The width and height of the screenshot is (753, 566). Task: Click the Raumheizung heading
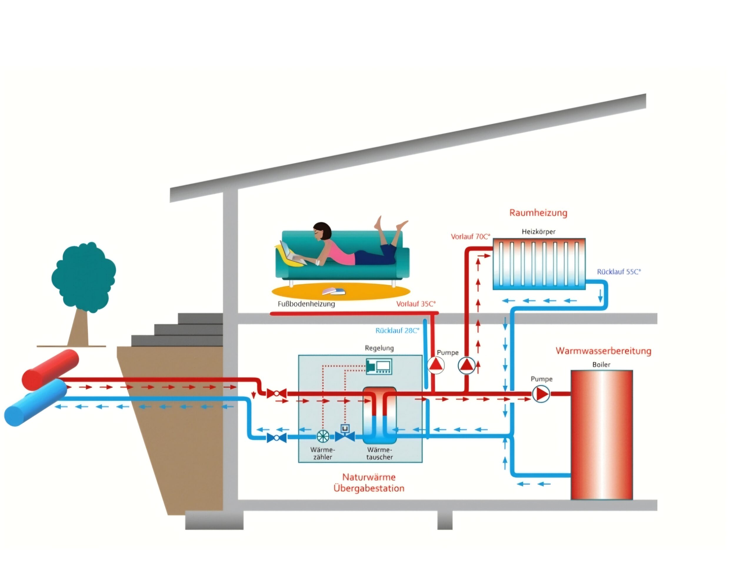tap(538, 213)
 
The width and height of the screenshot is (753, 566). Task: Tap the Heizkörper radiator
tap(539, 264)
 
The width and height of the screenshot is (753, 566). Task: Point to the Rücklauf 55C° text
tap(619, 272)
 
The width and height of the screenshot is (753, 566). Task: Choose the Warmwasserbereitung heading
tap(603, 351)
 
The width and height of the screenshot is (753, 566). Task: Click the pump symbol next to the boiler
tap(541, 394)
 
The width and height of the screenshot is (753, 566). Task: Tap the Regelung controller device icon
tap(379, 367)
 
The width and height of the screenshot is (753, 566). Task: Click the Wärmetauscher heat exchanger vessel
tap(379, 415)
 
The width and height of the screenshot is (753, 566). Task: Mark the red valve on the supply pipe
tap(276, 394)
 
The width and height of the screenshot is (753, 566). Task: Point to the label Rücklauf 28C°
tap(397, 331)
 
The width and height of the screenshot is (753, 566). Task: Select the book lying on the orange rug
tap(334, 292)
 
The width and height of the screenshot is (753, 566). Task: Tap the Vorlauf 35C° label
tap(416, 304)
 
